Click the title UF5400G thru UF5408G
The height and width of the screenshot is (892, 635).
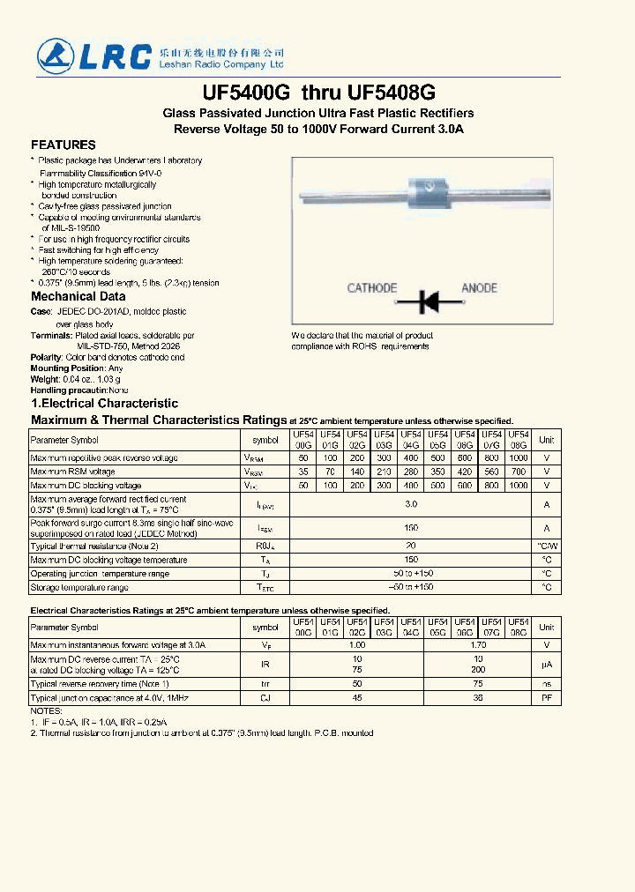click(x=318, y=93)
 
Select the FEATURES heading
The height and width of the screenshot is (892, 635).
click(x=63, y=145)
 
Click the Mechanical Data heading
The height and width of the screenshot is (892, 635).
click(x=78, y=297)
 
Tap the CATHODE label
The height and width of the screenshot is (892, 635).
click(x=371, y=288)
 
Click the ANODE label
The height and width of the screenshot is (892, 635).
click(x=480, y=288)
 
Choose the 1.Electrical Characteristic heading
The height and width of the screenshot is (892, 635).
click(x=104, y=403)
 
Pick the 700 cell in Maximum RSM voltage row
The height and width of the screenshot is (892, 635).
click(x=519, y=472)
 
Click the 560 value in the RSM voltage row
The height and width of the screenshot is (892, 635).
click(x=491, y=472)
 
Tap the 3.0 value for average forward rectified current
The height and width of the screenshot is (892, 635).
click(x=410, y=504)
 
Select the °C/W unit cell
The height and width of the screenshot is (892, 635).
click(x=547, y=546)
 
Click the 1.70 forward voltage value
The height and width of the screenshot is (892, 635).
click(x=478, y=645)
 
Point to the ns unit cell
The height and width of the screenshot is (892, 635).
click(x=547, y=684)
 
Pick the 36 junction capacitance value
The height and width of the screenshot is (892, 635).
click(x=478, y=698)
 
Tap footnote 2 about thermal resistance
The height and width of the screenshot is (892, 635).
click(x=201, y=732)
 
